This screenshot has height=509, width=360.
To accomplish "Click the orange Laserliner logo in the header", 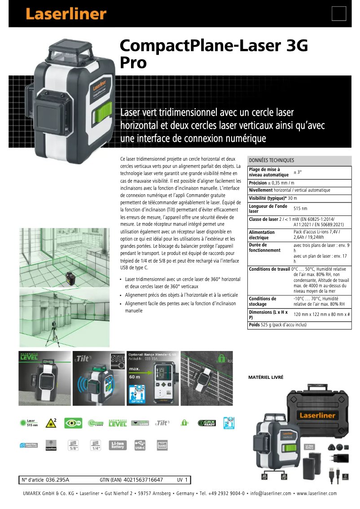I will click(x=66, y=13).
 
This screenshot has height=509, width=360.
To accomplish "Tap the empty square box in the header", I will click(x=339, y=13).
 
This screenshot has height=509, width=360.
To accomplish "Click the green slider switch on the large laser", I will click(x=102, y=114).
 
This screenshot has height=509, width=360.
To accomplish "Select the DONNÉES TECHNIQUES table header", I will click(x=272, y=160).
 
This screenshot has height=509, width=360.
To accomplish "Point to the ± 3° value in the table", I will click(x=298, y=172).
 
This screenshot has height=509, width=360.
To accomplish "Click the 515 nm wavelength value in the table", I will click(x=300, y=208).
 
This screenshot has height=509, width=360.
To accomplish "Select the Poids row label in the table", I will click(x=254, y=325).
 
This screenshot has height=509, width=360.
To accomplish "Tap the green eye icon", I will click(x=74, y=423).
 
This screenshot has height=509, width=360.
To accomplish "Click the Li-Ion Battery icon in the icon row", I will click(x=119, y=445).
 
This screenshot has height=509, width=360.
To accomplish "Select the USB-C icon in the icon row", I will click(x=140, y=445).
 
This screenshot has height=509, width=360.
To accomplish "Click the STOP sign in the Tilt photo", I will click(x=118, y=360).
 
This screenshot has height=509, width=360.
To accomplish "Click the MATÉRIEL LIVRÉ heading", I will click(x=266, y=377).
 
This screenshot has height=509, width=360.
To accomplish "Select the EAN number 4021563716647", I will click(x=143, y=480).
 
